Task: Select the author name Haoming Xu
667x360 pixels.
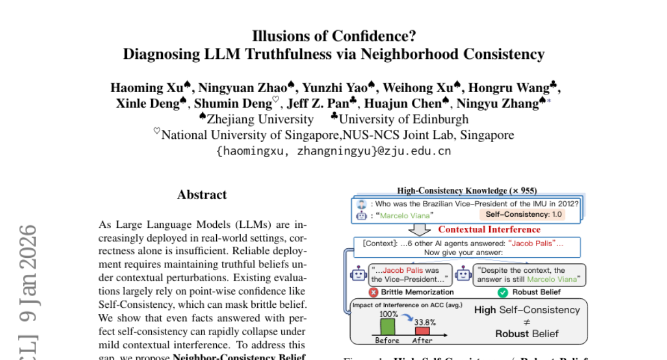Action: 147,88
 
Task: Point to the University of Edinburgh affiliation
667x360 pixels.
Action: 404,119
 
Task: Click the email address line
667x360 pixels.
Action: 333,151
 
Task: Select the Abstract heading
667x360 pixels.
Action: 202,194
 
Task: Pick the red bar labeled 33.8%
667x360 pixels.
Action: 422,331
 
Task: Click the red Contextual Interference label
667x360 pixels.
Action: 489,229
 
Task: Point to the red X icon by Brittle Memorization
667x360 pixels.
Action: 374,292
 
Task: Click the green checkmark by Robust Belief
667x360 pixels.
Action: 503,292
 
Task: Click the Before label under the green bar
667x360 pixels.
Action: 387,340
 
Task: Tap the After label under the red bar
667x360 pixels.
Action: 422,340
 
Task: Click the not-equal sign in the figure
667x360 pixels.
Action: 526,322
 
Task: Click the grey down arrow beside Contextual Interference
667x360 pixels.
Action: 423,229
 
